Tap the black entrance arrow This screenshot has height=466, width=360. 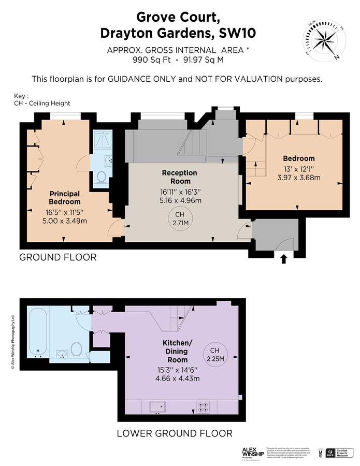[x=283, y=258]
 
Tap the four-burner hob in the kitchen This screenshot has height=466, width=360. [x=203, y=407]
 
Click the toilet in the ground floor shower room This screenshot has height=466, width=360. [x=101, y=177]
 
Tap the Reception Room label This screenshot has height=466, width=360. [x=180, y=177]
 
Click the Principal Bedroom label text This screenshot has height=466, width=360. [x=65, y=198]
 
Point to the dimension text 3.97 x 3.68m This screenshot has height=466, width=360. [x=298, y=178]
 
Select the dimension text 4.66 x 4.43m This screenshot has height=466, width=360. [x=178, y=378]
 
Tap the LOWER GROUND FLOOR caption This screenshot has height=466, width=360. [x=174, y=433]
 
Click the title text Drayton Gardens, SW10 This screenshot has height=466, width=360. [x=178, y=34]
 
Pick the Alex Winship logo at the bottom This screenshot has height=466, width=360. [x=252, y=452]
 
